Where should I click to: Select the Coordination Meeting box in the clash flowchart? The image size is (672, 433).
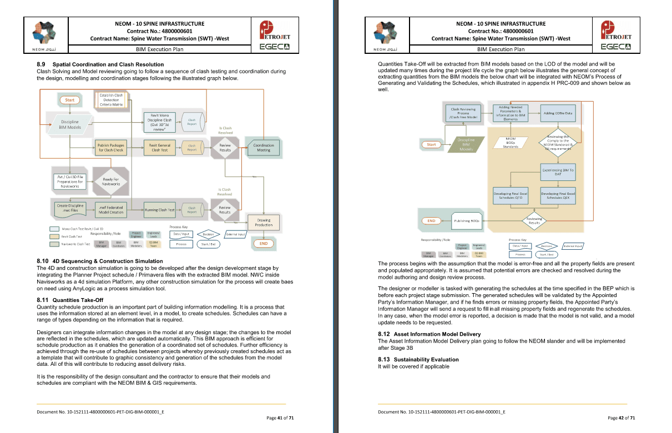[x=264, y=148]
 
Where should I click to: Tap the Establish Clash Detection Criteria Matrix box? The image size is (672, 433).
[x=111, y=100]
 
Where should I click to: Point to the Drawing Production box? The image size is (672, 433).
[x=264, y=223]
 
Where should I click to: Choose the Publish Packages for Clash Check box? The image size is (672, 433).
[x=110, y=148]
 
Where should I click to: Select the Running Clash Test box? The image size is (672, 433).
[x=160, y=210]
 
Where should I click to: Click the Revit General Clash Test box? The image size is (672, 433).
[x=160, y=148]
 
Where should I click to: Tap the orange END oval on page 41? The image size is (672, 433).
[x=264, y=243]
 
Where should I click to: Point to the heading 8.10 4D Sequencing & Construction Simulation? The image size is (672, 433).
[x=100, y=261]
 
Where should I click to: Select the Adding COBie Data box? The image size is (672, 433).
[x=558, y=113]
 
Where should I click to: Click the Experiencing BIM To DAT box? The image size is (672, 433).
[x=558, y=172]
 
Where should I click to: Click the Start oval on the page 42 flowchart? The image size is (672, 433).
[x=431, y=144]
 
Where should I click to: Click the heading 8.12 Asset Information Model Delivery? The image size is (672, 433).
[x=429, y=334]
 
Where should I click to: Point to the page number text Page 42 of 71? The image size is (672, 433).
[x=622, y=418]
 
